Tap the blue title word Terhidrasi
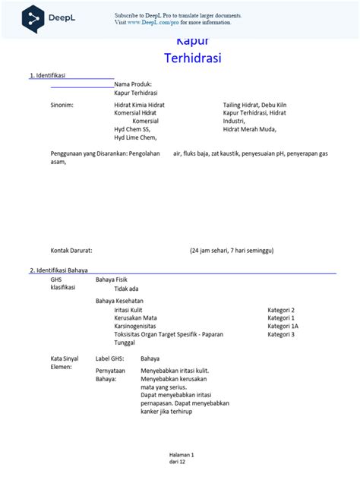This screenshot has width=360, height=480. tap(192, 58)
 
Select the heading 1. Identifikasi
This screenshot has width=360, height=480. tap(47, 75)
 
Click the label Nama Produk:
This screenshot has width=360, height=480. tap(133, 84)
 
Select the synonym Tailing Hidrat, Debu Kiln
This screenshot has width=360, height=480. tap(254, 104)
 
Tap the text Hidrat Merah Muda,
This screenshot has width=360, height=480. tap(251, 129)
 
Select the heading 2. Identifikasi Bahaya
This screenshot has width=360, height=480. tap(58, 270)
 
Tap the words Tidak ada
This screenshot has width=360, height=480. tap(126, 289)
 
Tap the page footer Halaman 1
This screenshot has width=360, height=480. tap(182, 454)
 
